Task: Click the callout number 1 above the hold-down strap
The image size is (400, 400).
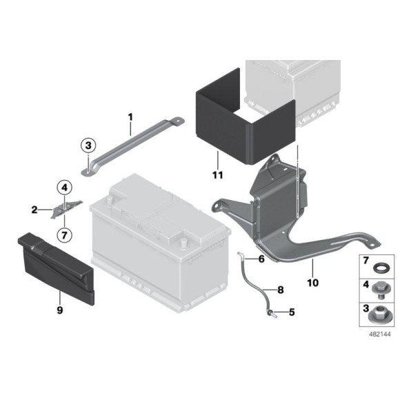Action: tap(130, 117)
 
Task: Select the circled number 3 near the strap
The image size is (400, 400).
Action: tap(88, 146)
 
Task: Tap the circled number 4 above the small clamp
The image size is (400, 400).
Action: tap(65, 188)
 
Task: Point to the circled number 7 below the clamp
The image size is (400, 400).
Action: tap(65, 234)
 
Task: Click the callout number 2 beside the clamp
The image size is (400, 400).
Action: tap(34, 210)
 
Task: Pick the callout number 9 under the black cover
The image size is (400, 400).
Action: tap(60, 310)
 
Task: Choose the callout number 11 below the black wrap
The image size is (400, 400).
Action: tap(218, 175)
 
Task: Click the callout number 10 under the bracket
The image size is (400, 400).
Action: tap(312, 283)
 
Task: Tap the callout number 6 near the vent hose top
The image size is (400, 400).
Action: tap(261, 259)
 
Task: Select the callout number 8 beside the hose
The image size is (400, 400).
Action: tap(281, 290)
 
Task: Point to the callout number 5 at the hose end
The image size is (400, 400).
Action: tap(292, 312)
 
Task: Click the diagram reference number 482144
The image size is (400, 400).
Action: tap(379, 334)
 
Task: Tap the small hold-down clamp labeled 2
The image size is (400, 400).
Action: tap(66, 209)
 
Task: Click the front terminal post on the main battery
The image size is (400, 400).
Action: tap(183, 242)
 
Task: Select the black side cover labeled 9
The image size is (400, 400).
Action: tap(56, 268)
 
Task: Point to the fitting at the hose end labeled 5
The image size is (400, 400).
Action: tap(271, 314)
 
